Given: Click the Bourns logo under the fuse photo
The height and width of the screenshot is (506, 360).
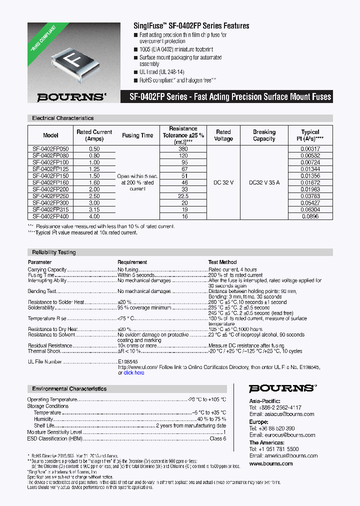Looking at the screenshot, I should coord(64,97).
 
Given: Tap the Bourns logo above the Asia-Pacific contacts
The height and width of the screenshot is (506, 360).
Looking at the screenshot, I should coord(282,388).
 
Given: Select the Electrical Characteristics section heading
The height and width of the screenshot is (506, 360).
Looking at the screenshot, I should coord(63,118).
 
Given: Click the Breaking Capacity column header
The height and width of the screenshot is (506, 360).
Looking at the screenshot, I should coord(264,135).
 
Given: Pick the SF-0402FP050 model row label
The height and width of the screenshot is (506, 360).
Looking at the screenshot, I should coord(51,149).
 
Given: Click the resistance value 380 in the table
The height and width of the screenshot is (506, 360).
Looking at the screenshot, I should coord(183,149).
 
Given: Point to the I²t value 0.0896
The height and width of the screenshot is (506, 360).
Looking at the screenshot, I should coord(310,216).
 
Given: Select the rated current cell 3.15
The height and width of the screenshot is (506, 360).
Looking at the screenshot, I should coord(94,210).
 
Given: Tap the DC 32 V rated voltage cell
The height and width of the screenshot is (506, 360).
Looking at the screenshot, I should coord(223,183).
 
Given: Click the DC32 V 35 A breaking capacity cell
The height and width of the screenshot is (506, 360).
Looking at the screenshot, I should coord(264,183).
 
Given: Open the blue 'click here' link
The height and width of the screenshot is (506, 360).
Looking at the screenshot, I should coord(134,372).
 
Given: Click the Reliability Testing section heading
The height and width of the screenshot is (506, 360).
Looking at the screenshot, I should coord(54,252).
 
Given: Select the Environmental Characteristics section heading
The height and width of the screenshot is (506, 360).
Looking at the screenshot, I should coord(69,388).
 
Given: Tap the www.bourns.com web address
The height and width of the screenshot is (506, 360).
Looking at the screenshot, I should coord(271,463).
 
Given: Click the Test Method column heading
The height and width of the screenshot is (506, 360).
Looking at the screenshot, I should coord(222,262).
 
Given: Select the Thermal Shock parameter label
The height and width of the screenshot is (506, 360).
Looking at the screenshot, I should coord(44,351).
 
